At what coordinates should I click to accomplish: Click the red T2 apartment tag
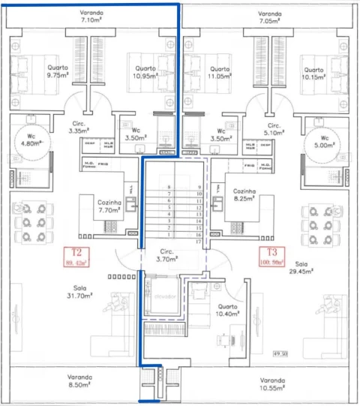(77, 257)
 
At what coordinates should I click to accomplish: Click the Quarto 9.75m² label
(57, 71)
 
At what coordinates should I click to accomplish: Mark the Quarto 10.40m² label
(228, 311)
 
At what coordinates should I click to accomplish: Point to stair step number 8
(169, 187)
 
